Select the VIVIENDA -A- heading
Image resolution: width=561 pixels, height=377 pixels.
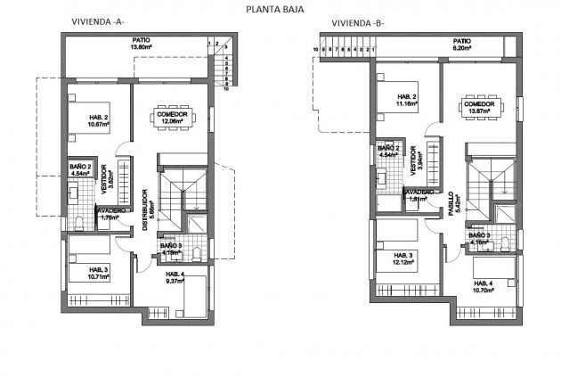point(99,21)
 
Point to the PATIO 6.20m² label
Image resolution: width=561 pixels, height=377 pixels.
point(461,45)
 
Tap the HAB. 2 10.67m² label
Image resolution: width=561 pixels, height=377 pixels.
point(99,122)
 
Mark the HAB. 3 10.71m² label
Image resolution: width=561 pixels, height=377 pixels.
point(98,272)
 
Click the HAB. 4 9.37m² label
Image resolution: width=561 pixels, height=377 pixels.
point(174,278)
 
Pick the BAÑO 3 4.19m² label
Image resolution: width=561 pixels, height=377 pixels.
point(172,249)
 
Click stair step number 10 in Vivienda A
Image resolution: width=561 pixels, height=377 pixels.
point(227,90)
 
